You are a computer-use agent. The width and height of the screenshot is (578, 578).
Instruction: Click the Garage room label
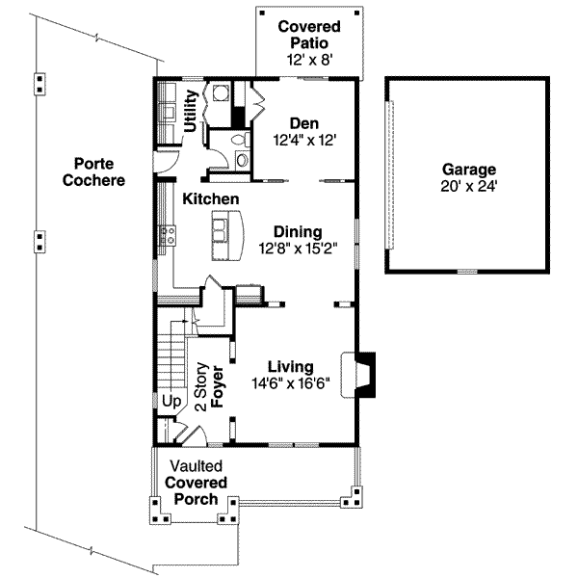(x=469, y=170)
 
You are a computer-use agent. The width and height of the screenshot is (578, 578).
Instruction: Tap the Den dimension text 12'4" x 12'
(x=304, y=140)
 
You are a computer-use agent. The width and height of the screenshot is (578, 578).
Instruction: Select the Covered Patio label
(x=309, y=35)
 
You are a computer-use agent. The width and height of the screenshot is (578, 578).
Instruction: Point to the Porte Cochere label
(x=93, y=171)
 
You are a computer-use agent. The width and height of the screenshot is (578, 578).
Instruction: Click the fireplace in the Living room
(x=358, y=375)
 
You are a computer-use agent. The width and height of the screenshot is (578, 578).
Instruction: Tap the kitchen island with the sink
(x=227, y=235)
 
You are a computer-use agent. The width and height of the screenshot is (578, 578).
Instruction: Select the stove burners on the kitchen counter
(x=167, y=235)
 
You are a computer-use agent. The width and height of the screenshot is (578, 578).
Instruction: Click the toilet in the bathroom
(x=240, y=140)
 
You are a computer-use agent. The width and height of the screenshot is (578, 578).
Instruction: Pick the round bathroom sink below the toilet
(x=243, y=160)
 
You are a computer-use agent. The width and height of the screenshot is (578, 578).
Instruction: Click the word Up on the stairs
(x=171, y=401)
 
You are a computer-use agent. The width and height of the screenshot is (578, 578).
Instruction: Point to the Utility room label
(x=191, y=111)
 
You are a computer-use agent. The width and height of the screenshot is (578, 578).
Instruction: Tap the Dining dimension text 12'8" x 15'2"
(x=298, y=249)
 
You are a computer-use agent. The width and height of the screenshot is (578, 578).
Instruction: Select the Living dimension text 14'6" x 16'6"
(x=291, y=383)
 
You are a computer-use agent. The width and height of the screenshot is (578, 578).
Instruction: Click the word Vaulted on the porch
(x=197, y=466)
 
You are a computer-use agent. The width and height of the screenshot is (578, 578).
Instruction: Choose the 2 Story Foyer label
(x=210, y=387)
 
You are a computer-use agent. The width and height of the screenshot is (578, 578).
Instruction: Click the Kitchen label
(x=211, y=199)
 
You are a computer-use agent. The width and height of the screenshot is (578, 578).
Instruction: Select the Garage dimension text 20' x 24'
(x=469, y=187)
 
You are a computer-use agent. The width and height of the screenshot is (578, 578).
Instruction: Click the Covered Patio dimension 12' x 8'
(x=309, y=60)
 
